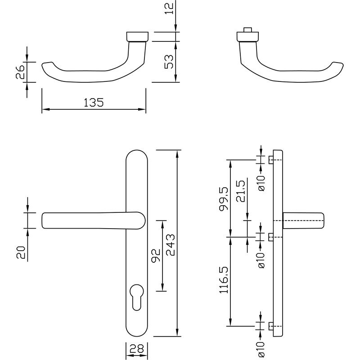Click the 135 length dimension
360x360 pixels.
coord(94,103)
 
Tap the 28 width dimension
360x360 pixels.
coord(136,349)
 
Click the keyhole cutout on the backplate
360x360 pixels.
coord(137,294)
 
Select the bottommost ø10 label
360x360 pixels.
coord(262,350)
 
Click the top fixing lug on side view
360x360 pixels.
coord(270,160)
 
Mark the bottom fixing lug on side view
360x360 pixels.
coord(270,326)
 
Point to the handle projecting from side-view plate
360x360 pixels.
coord(304,220)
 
